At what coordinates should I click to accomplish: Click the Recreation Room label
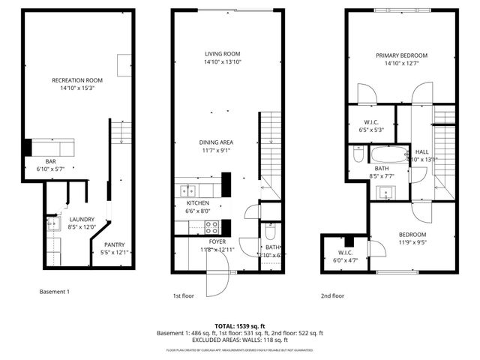[x=77, y=80]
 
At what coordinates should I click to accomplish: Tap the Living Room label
[x=223, y=54]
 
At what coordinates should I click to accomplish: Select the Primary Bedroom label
[x=402, y=55]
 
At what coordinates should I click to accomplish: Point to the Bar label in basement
[x=52, y=161]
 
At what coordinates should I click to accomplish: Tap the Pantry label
[x=114, y=244]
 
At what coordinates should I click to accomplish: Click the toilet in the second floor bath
[x=358, y=157]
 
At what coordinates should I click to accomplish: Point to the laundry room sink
[x=52, y=223]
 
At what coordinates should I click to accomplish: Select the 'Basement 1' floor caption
[x=54, y=291]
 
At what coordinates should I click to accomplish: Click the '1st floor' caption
[x=183, y=295]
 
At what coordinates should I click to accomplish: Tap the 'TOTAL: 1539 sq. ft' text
[x=240, y=325]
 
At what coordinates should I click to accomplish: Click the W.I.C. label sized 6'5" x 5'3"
[x=372, y=125]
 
